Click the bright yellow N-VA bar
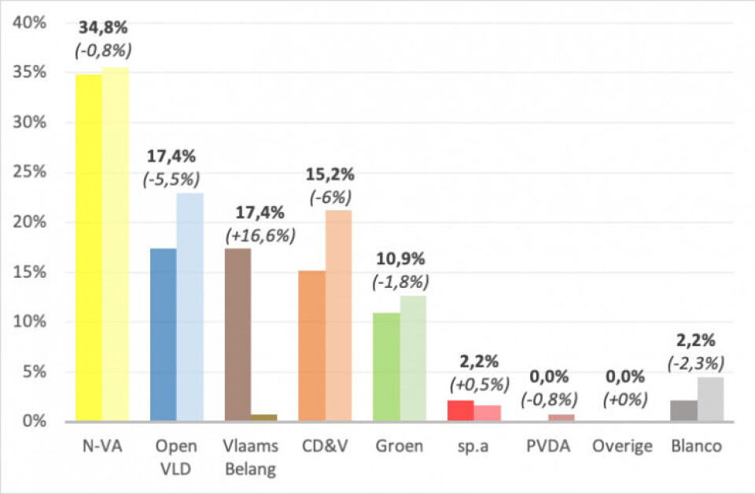pyautogui.click(x=88, y=248)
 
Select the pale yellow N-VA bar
pyautogui.click(x=116, y=245)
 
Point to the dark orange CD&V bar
pyautogui.click(x=312, y=345)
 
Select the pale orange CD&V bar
pyautogui.click(x=339, y=315)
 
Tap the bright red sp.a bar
pyautogui.click(x=461, y=411)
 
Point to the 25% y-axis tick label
pyautogui.click(x=29, y=172)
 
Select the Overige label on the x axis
pyautogui.click(x=624, y=446)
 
